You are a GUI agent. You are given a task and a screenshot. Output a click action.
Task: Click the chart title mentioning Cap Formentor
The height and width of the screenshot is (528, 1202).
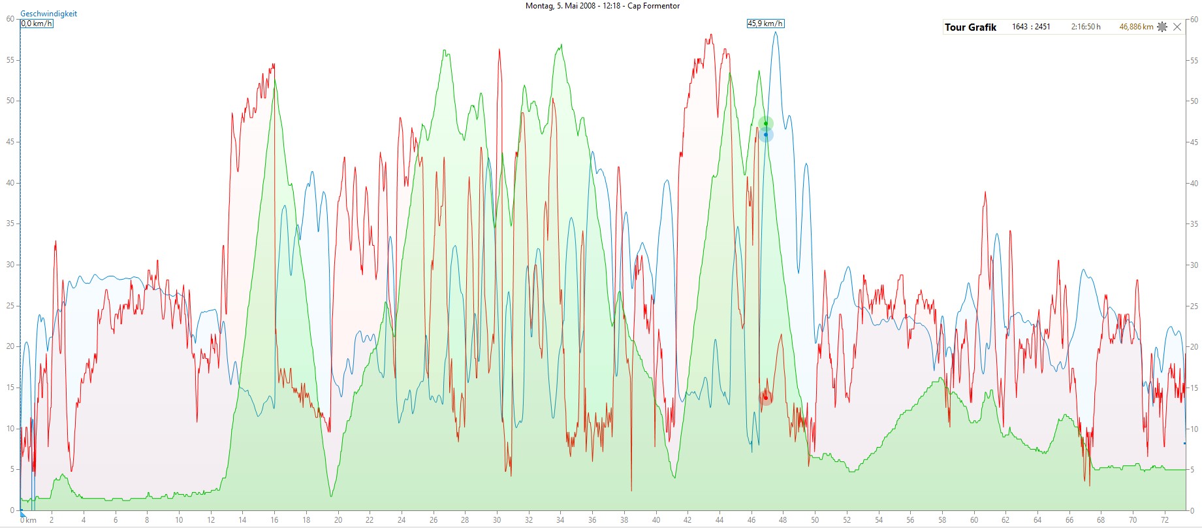point(602,6)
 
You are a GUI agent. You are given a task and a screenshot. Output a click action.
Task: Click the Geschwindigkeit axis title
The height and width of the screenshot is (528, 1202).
point(48,14)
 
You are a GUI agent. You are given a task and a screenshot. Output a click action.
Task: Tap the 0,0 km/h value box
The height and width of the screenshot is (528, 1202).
point(37,24)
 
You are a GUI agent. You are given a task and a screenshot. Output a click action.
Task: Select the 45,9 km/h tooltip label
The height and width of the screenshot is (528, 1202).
point(765,24)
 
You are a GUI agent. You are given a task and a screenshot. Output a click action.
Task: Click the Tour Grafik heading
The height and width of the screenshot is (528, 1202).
point(970,27)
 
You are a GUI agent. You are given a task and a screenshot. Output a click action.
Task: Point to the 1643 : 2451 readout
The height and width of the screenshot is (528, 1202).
point(1031,27)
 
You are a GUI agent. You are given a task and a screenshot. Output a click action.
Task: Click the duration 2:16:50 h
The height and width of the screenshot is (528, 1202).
point(1085,27)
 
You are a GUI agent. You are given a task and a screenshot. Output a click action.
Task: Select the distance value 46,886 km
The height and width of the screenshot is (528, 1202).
point(1136,27)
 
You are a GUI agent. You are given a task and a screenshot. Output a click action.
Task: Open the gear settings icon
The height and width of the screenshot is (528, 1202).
point(1162,27)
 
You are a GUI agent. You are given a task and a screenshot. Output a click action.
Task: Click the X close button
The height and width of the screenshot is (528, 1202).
point(1177,27)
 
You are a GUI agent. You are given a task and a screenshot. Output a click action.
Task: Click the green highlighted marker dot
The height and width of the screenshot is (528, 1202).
point(766,124)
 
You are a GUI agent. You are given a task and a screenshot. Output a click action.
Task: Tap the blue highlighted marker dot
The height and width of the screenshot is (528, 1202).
point(766,135)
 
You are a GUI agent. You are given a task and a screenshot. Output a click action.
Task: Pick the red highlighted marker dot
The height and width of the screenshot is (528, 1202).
point(765,397)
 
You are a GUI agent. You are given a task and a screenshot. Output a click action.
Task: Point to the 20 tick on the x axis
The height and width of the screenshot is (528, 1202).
point(338,520)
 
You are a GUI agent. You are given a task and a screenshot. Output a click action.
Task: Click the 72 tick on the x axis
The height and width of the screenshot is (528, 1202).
point(1165,520)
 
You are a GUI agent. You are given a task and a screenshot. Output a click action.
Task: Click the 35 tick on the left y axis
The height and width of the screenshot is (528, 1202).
point(10,223)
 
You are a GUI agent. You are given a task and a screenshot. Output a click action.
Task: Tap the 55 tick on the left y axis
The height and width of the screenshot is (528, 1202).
point(10,60)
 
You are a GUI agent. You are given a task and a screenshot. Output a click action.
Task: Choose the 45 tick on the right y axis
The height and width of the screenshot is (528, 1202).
point(1194,142)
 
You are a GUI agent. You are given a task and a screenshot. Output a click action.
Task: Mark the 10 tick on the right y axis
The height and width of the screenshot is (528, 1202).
point(1194,429)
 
